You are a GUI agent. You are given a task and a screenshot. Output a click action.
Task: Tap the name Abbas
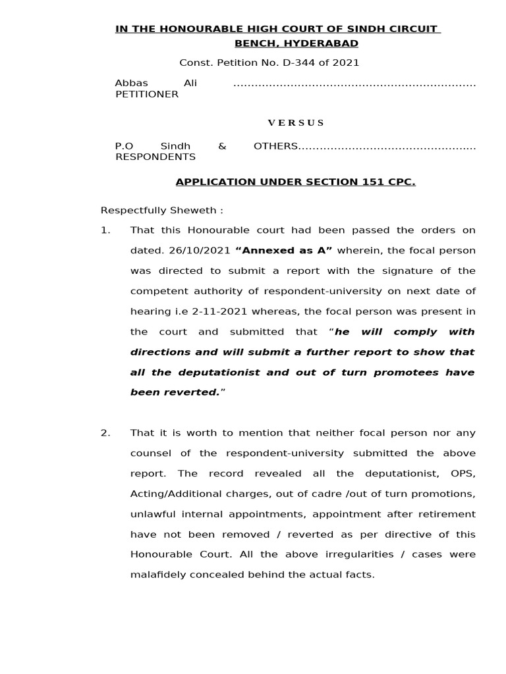click(132, 84)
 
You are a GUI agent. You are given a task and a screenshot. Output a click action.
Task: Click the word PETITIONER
click(147, 94)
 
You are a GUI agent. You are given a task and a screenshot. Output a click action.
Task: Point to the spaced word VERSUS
click(296, 122)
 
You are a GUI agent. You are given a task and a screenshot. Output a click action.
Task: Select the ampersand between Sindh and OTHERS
click(222, 146)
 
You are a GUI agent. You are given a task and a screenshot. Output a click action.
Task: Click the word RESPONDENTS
click(155, 157)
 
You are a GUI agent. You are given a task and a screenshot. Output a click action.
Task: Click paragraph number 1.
click(105, 230)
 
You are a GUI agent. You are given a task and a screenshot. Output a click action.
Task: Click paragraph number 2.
click(105, 433)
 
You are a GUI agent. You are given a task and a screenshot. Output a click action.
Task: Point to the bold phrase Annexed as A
click(284, 251)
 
